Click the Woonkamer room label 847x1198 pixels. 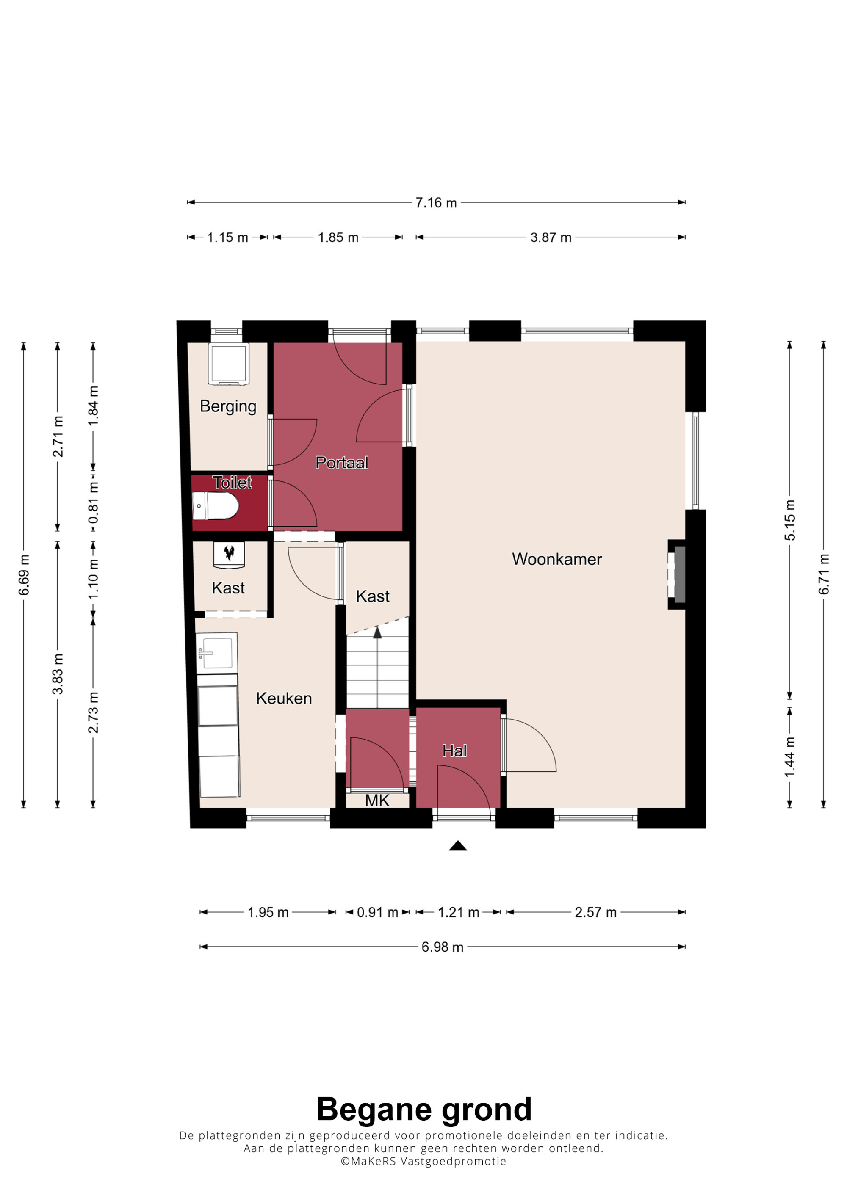click(557, 559)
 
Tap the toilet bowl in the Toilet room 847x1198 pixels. click(216, 506)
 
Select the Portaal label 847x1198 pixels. click(342, 463)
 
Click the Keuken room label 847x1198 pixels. click(284, 698)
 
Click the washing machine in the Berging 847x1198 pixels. click(229, 364)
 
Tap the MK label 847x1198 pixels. click(377, 801)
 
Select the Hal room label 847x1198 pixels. click(454, 751)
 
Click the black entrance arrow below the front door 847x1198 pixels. click(458, 846)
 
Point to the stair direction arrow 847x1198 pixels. click(377, 632)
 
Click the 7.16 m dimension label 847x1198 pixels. click(436, 202)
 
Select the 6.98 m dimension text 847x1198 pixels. click(443, 947)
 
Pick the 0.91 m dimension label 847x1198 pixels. click(377, 912)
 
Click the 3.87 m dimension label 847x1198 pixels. click(551, 237)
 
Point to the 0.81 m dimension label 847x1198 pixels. click(93, 502)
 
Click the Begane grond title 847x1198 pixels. click(424, 1110)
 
